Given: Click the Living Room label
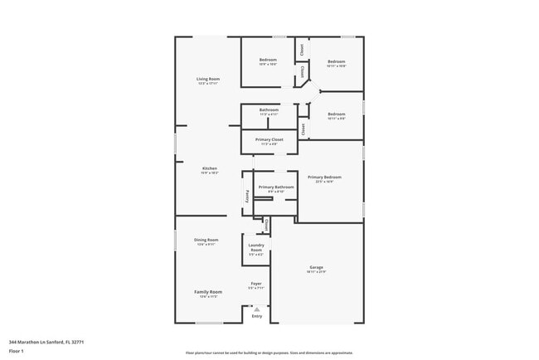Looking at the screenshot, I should (208, 79).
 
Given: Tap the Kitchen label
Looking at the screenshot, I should (210, 169).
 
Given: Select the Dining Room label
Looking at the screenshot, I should (206, 240).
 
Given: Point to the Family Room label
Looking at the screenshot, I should (208, 292).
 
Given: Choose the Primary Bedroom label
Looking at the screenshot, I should (324, 178).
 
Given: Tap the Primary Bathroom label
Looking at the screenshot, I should (276, 187).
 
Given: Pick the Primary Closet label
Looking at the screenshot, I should (269, 139).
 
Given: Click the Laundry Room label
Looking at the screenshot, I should (256, 247).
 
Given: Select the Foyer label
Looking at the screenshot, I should (256, 285).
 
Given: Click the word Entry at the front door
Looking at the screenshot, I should (257, 316).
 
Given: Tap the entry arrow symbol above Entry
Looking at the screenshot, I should (257, 309).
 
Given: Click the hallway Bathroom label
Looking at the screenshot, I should (269, 109).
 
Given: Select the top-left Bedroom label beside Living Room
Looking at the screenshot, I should (268, 60).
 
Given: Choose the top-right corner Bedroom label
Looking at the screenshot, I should (336, 61).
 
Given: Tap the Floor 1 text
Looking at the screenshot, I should (17, 352).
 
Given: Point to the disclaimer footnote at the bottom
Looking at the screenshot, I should (269, 353).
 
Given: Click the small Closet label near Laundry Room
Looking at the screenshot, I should (266, 224).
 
